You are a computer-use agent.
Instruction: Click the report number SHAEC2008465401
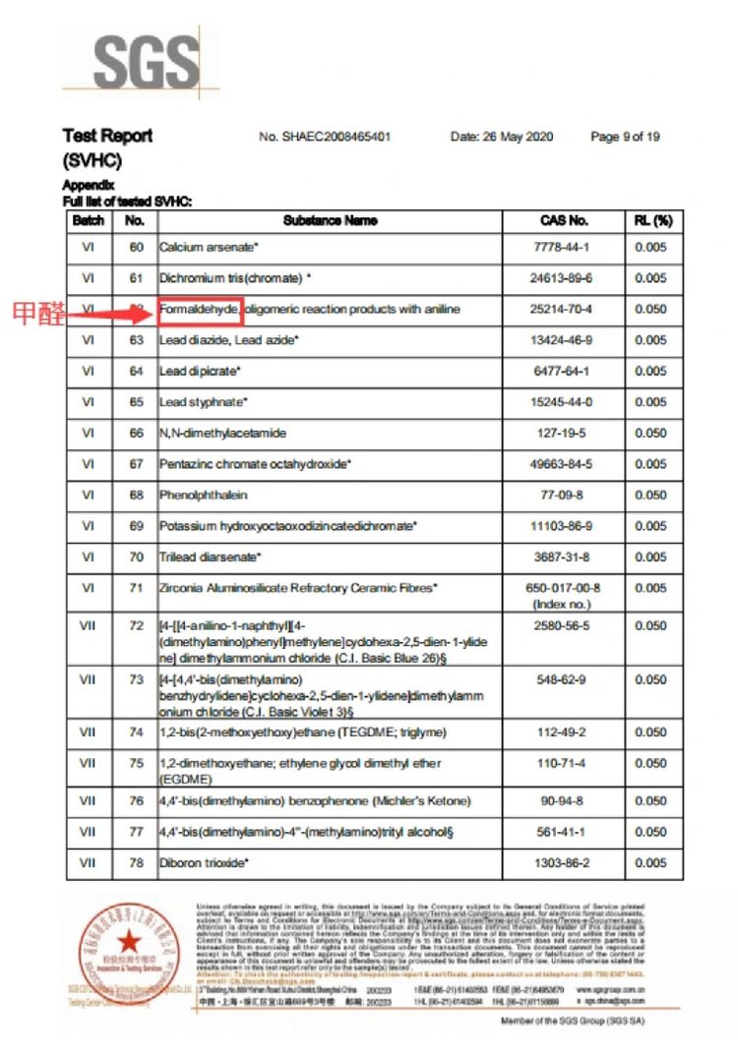[325, 137]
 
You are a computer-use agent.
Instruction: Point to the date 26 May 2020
[502, 137]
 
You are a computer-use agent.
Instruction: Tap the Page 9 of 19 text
[625, 137]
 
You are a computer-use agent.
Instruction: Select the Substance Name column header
[330, 220]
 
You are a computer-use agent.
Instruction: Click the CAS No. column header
[565, 220]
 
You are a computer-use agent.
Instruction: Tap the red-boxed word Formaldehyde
[200, 310]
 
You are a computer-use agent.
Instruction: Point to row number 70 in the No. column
[136, 557]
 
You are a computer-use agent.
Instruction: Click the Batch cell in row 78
[88, 863]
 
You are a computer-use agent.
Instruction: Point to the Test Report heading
[107, 136]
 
